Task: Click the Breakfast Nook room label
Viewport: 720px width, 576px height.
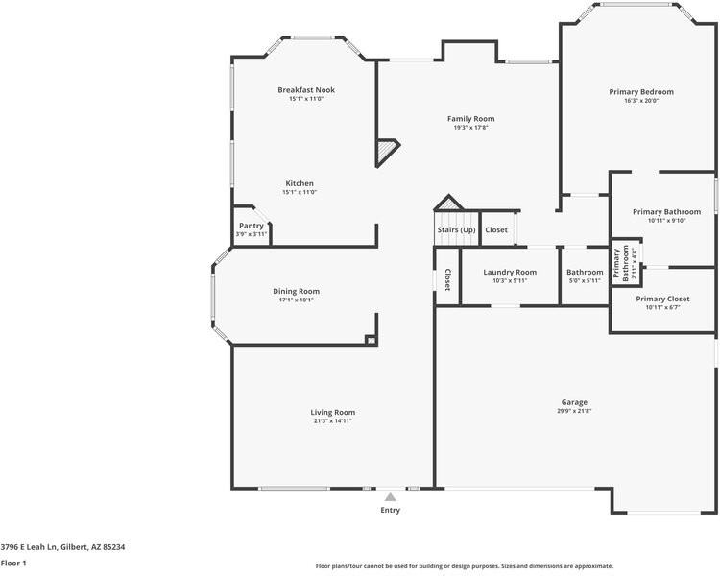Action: click(306, 90)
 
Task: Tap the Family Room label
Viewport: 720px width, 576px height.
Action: click(470, 119)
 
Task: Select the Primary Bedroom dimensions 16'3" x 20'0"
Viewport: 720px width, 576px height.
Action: click(640, 101)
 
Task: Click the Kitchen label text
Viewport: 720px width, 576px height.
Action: click(300, 183)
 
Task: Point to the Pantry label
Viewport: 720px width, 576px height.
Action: click(251, 226)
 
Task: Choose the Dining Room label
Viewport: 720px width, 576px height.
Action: click(297, 291)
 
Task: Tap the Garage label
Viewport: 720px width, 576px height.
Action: click(574, 402)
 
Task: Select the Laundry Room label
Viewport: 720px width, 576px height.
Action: click(510, 272)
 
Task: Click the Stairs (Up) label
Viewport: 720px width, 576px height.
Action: click(456, 230)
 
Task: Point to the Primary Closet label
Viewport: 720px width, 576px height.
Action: click(662, 299)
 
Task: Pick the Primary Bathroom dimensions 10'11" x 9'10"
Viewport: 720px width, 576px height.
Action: click(666, 220)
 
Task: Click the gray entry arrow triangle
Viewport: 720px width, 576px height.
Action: click(390, 497)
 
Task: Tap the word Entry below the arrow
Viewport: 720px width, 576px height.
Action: click(390, 510)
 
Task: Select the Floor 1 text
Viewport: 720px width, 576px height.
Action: click(13, 563)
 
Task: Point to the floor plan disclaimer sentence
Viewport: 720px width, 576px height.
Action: click(464, 565)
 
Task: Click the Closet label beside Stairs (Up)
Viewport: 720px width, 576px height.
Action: click(496, 230)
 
